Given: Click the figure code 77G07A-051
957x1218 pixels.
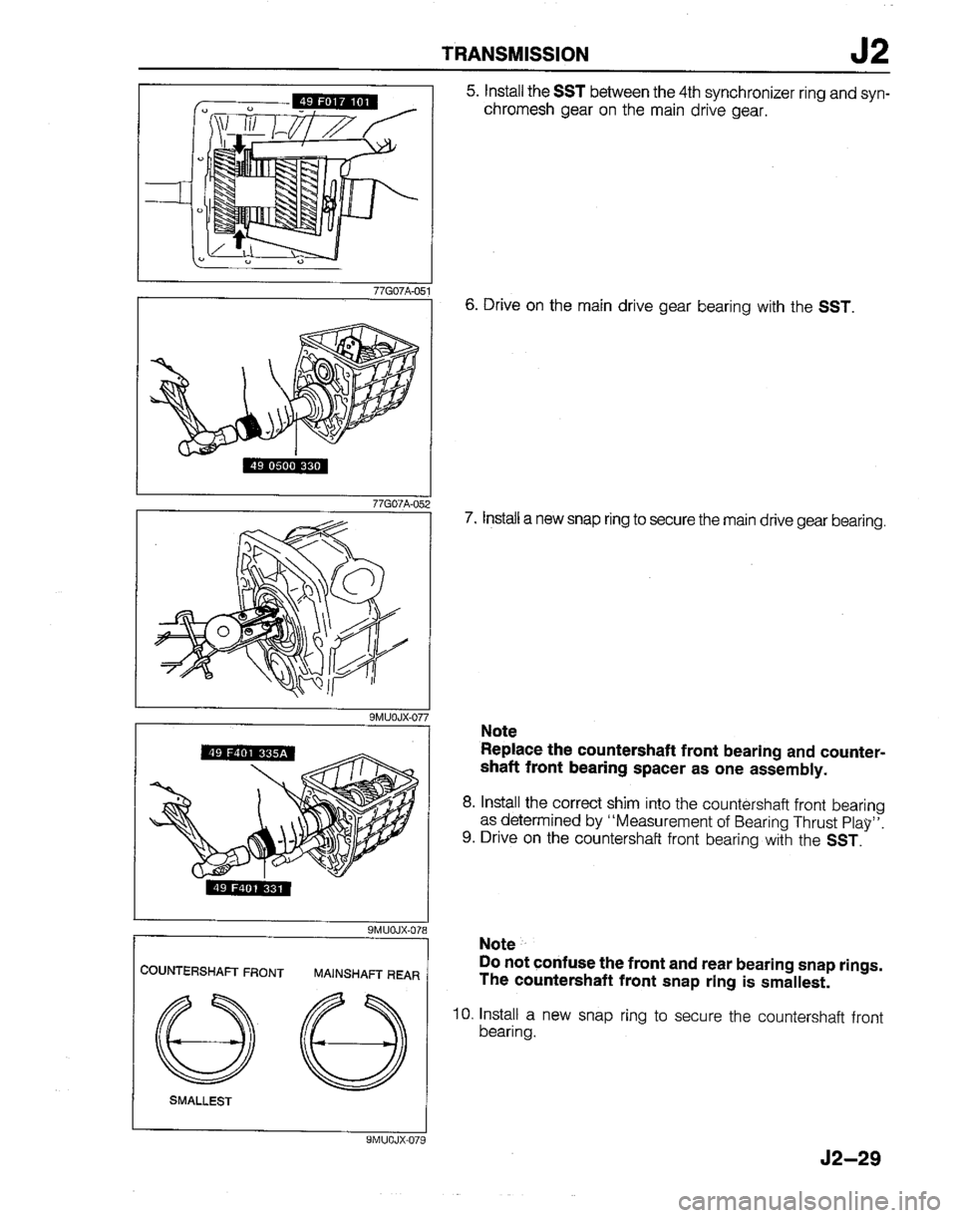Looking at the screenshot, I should tap(397, 290).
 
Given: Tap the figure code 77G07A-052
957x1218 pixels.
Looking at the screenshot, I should tap(397, 504).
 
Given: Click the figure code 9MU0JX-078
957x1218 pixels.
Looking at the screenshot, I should tap(396, 931).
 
